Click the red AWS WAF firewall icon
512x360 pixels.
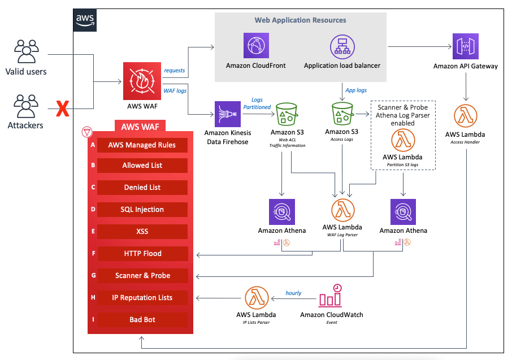138,80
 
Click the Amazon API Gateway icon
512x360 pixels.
465,46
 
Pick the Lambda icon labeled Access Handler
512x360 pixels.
465,116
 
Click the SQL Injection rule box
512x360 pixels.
142,210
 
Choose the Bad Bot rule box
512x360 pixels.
142,320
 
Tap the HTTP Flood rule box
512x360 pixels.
142,254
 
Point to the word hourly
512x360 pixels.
293,293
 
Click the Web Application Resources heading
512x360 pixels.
300,20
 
